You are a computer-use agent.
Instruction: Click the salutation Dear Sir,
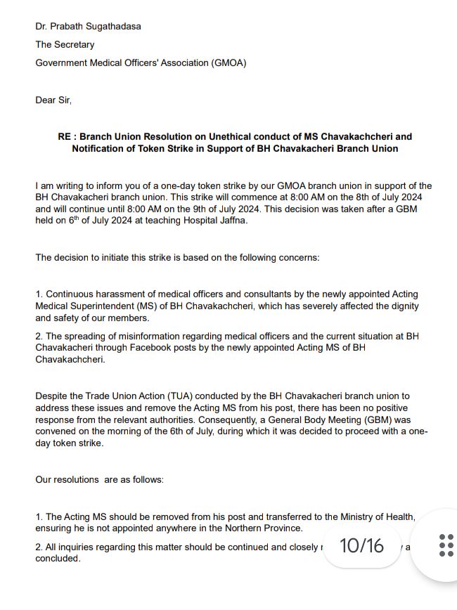tap(53, 100)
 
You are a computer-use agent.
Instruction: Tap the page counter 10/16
tap(361, 545)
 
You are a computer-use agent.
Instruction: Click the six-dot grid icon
tap(446, 545)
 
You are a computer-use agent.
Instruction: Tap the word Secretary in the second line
tap(75, 44)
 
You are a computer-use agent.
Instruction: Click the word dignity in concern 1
tap(401, 306)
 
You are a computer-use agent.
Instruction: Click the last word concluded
tap(58, 559)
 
